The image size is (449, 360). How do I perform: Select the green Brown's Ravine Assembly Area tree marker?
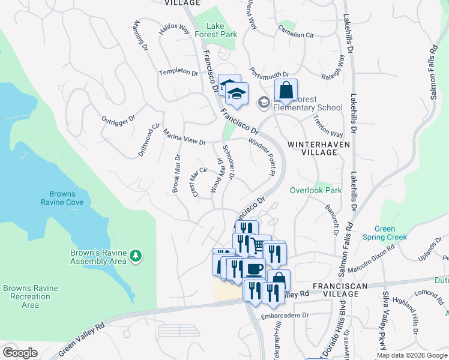click(x=136, y=256)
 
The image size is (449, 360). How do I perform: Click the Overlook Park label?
click(x=316, y=190)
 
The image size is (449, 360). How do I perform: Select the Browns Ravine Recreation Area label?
click(x=30, y=296)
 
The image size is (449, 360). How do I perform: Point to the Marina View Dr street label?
click(x=184, y=138)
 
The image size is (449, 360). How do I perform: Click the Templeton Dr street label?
click(x=178, y=72)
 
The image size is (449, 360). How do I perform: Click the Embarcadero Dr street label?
click(x=285, y=315)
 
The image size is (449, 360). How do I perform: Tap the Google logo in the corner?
click(x=20, y=353)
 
